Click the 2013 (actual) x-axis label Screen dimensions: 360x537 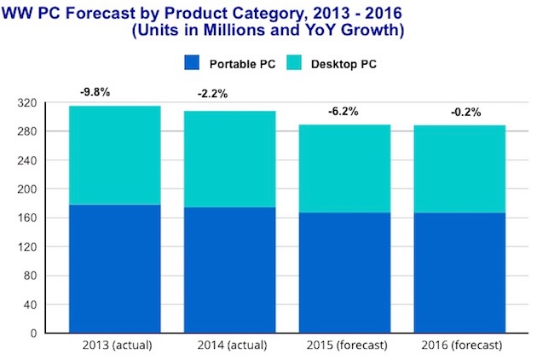pyautogui.click(x=115, y=345)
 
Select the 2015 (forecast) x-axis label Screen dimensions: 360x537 pyautogui.click(x=345, y=345)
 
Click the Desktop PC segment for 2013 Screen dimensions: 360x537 pyautogui.click(x=115, y=155)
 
